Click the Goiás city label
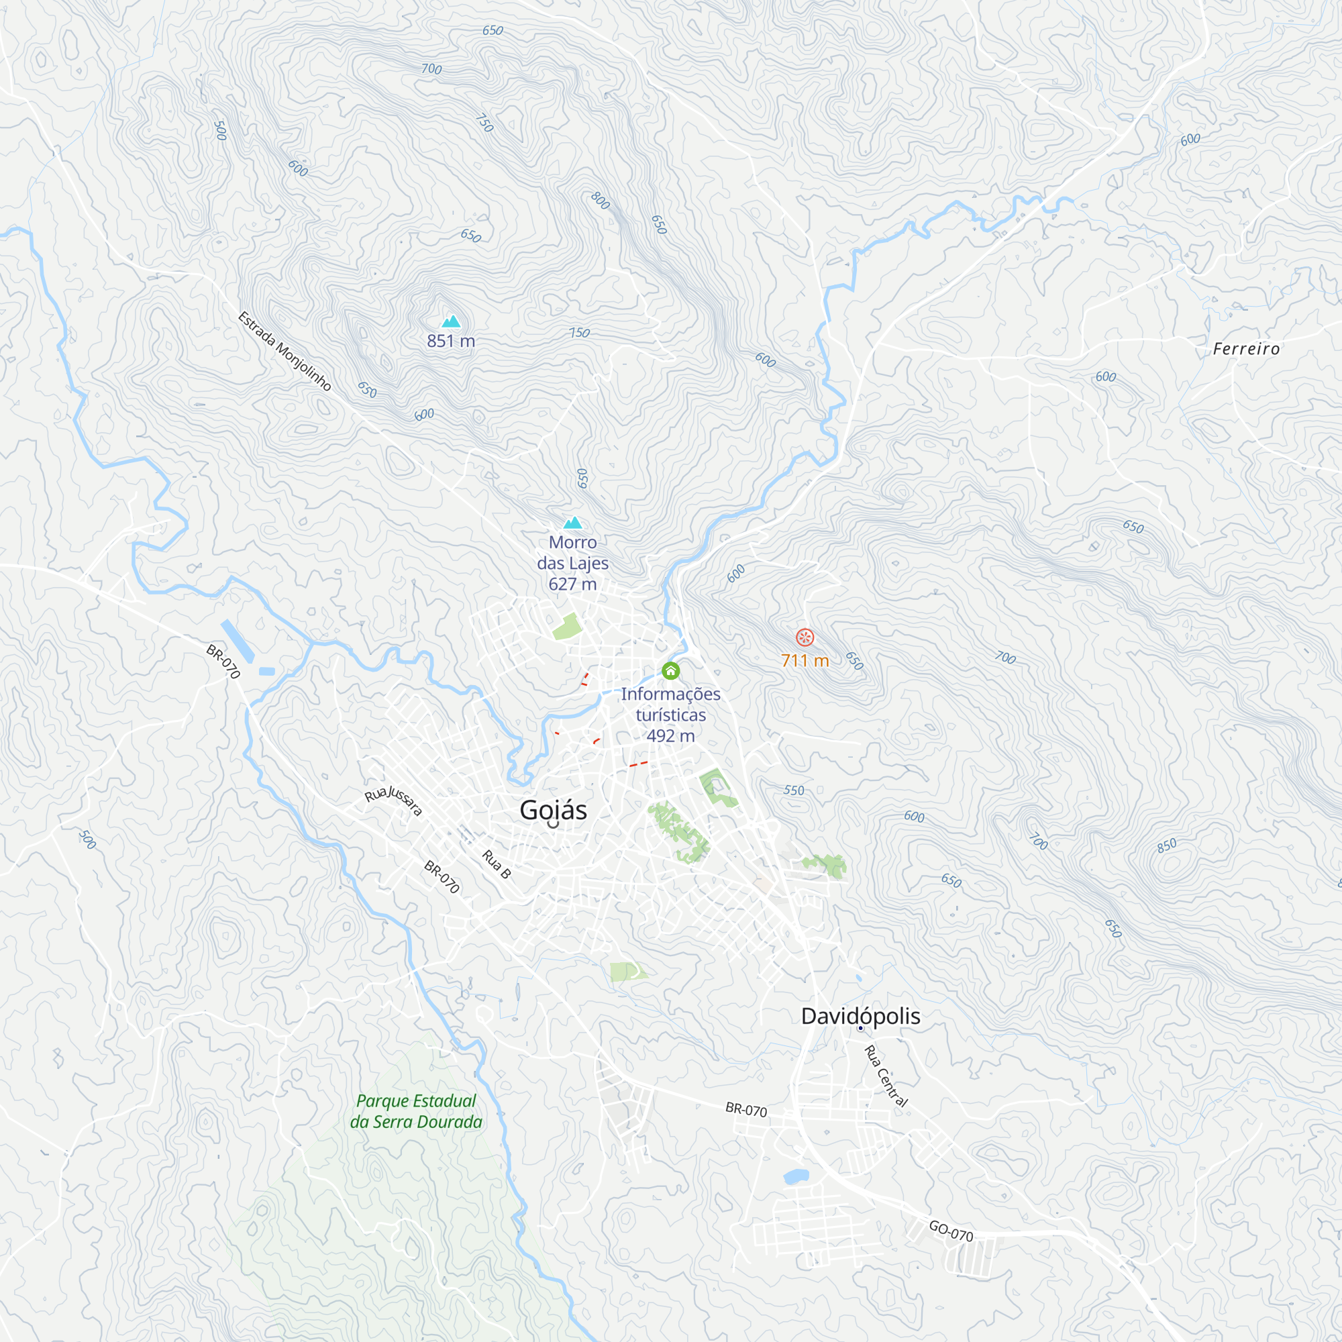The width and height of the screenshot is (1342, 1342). pyautogui.click(x=553, y=810)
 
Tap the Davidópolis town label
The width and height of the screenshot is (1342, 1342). pyautogui.click(x=860, y=1015)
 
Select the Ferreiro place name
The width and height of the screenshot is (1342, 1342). pyautogui.click(x=1246, y=349)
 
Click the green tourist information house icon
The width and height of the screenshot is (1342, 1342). pyautogui.click(x=670, y=671)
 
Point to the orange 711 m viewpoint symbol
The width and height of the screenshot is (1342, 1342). pyautogui.click(x=805, y=637)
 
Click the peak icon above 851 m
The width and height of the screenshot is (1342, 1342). pyautogui.click(x=452, y=321)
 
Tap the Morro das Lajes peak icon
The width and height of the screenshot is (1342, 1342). pyautogui.click(x=572, y=523)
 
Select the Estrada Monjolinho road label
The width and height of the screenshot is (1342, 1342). pyautogui.click(x=284, y=352)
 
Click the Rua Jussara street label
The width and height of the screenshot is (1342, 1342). pyautogui.click(x=393, y=801)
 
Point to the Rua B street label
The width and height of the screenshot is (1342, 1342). pyautogui.click(x=497, y=864)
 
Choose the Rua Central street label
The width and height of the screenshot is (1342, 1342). pyautogui.click(x=886, y=1076)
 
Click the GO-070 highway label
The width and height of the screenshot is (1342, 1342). pyautogui.click(x=951, y=1231)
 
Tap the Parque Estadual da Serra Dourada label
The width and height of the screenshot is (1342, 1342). pyautogui.click(x=415, y=1111)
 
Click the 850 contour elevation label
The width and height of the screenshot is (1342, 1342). pyautogui.click(x=1167, y=845)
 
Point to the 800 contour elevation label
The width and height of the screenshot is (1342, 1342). pyautogui.click(x=600, y=201)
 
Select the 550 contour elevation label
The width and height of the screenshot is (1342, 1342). pyautogui.click(x=794, y=790)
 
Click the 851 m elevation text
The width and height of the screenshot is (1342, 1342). pyautogui.click(x=451, y=341)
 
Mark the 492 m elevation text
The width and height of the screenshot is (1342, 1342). pyautogui.click(x=670, y=735)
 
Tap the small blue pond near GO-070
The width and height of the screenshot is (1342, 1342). pyautogui.click(x=796, y=1177)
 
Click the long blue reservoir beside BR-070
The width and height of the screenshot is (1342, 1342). pyautogui.click(x=238, y=641)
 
